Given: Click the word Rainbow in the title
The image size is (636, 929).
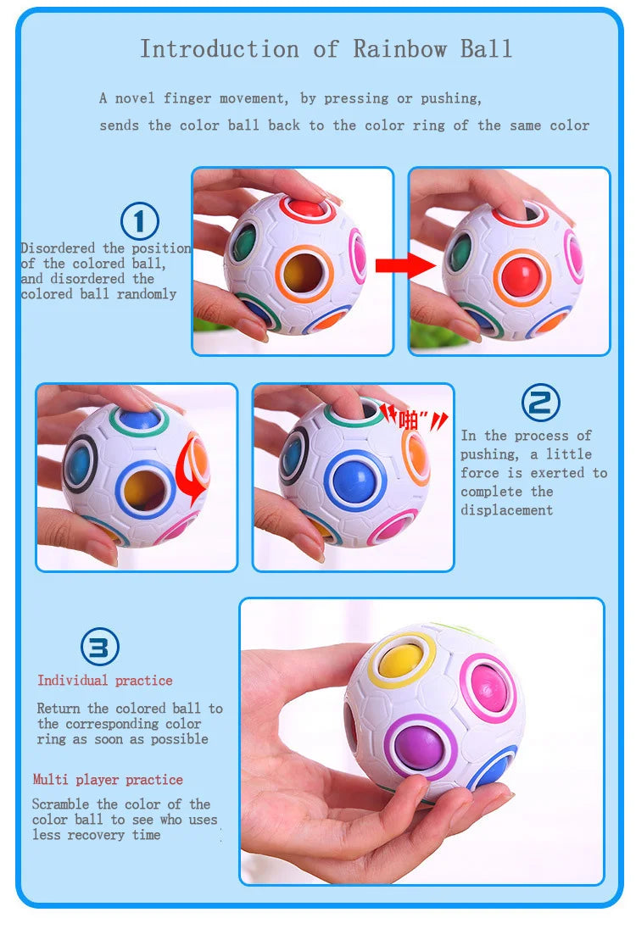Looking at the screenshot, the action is [399, 48].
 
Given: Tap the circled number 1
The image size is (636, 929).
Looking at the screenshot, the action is [139, 221].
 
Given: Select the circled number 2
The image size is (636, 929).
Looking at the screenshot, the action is [540, 403].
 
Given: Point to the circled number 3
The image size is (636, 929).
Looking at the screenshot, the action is [99, 647].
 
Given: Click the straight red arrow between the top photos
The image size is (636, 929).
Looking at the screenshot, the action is [405, 265].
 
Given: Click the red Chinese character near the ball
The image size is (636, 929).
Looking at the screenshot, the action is [409, 420].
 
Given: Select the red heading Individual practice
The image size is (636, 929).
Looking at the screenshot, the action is [105, 680].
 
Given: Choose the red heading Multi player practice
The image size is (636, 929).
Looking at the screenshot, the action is [108, 780].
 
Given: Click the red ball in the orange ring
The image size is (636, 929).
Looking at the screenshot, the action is [522, 277].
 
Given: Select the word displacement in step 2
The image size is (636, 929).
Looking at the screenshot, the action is [507, 510].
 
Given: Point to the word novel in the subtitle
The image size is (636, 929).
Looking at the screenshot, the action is [135, 98].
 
